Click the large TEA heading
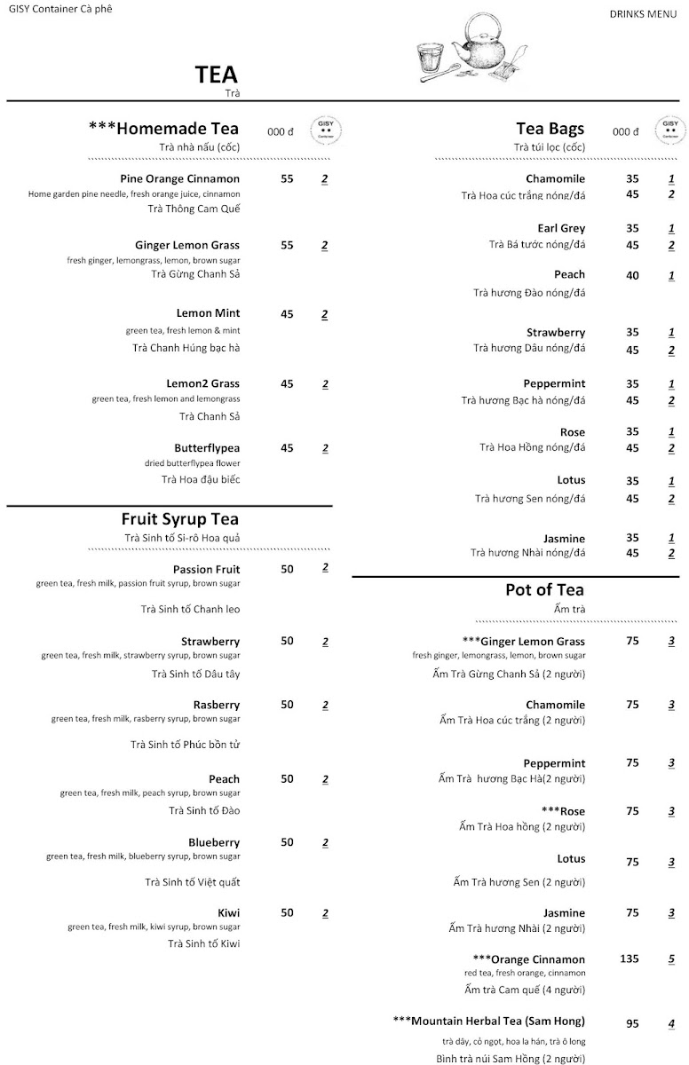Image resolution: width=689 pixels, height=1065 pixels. point(217,75)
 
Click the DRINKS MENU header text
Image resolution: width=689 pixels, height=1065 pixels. point(643,14)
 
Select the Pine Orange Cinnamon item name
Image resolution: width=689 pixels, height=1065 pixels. point(180,178)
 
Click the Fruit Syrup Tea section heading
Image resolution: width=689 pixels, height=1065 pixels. point(180,519)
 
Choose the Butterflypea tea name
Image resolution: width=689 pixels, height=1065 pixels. point(207,448)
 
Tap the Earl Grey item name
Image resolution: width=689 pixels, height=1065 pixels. point(561,228)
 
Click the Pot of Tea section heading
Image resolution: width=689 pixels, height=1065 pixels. point(544,590)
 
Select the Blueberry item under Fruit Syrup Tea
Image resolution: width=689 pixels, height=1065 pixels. point(214,842)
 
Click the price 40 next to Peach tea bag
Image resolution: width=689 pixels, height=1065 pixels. point(632,275)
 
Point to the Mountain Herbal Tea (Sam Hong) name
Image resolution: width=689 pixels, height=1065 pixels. point(488,1022)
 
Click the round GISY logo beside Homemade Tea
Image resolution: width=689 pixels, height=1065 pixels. point(326,131)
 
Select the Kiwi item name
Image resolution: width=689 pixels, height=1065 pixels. point(228,912)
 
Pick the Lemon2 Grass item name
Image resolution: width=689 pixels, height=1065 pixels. point(202,384)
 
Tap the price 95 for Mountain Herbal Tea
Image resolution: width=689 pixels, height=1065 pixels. point(632,1023)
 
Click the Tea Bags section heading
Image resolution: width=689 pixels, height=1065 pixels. point(550,129)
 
